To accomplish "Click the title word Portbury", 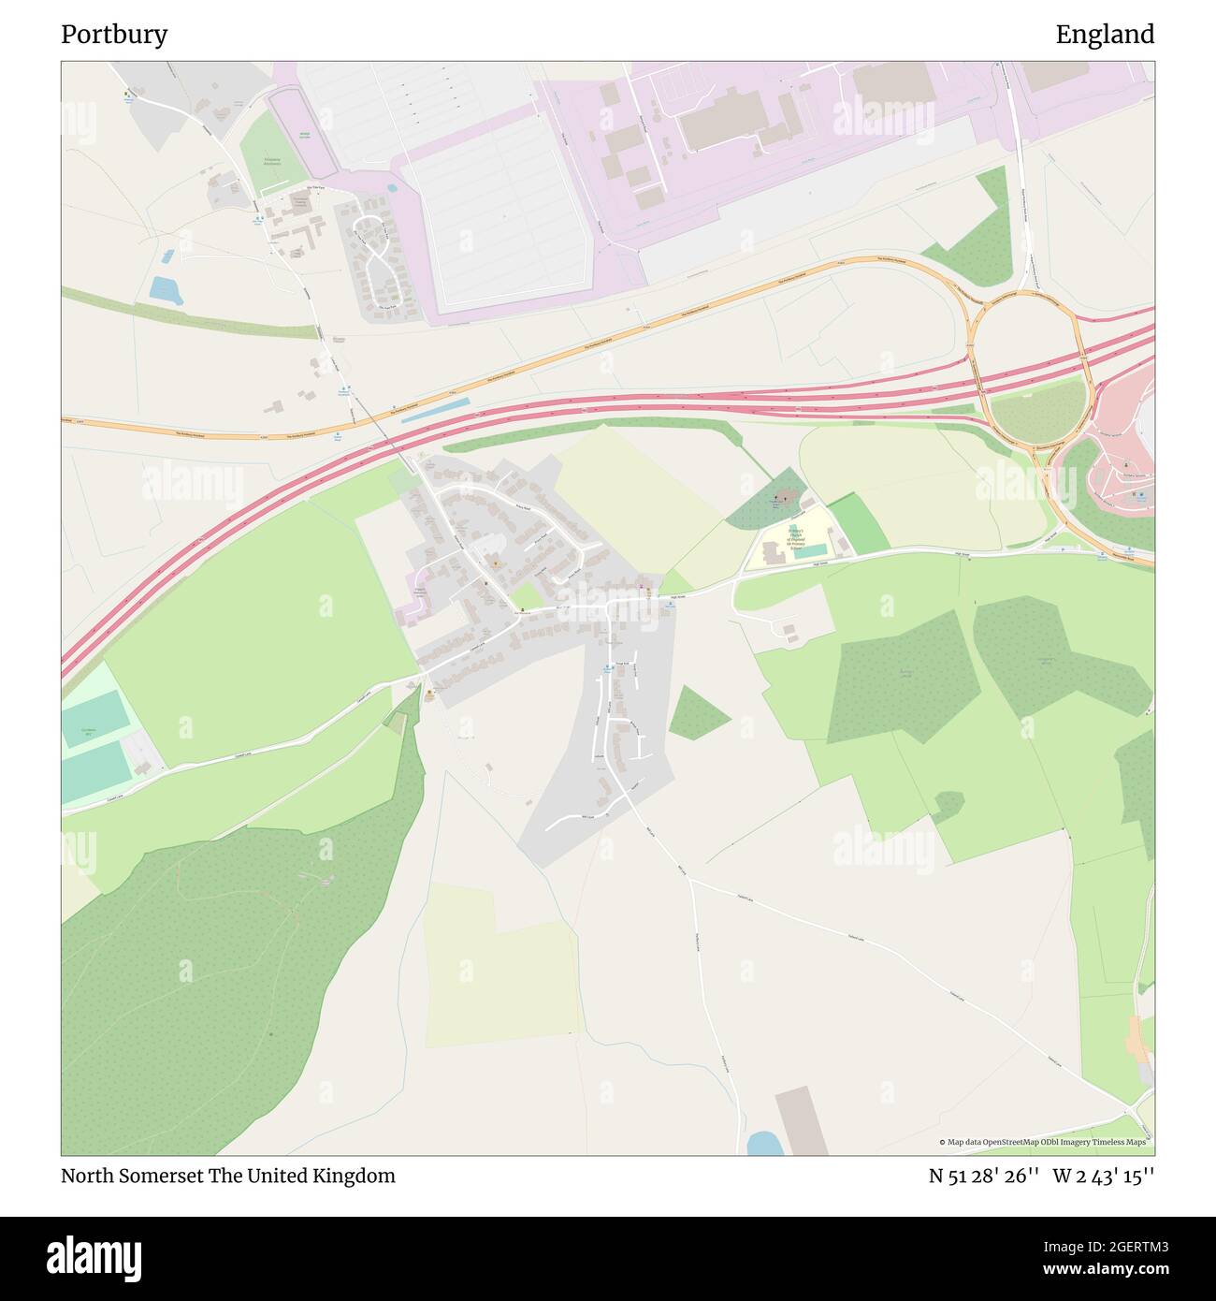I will pos(114,35).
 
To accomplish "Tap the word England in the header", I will pos(1105,35).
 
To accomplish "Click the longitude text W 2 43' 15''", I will pos(1103,1176).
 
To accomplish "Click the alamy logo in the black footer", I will pos(94,1256).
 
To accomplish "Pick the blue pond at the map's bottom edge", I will pos(764,1143).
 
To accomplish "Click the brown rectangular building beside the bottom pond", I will pos(801,1120).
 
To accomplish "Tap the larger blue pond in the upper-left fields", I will pos(166,290).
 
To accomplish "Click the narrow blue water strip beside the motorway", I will pos(435,411).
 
